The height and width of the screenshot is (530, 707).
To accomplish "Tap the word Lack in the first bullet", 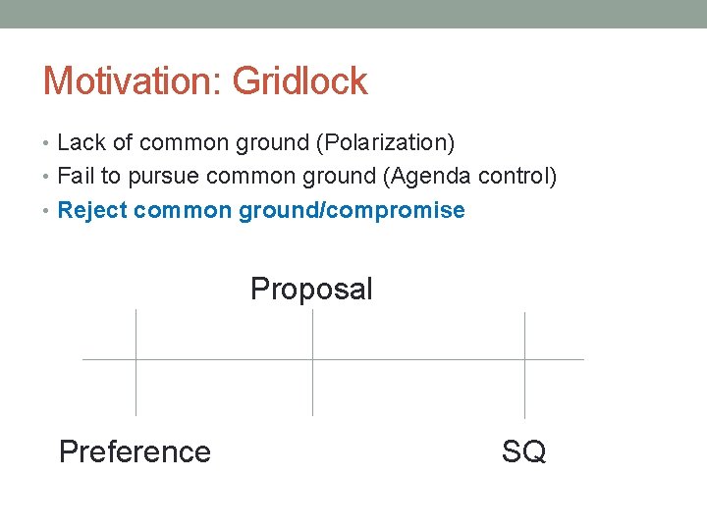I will [82, 142].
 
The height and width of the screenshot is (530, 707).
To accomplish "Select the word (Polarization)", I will [385, 142].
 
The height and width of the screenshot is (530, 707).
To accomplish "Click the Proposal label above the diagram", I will [311, 289].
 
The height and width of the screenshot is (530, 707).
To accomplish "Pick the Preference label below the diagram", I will [135, 451].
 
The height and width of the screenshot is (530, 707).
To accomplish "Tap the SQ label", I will [523, 451].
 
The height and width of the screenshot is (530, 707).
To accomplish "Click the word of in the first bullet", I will [123, 142].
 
